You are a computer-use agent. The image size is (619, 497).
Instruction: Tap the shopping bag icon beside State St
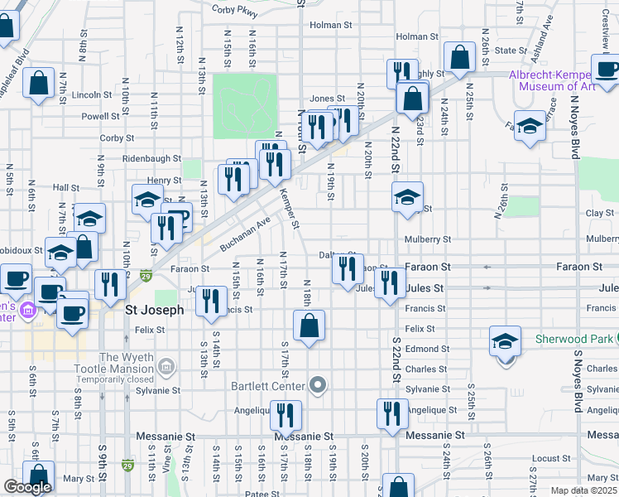click(458, 57)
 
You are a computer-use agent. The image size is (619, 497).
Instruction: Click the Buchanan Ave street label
click(246, 235)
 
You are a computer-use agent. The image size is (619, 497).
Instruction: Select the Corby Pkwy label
click(235, 11)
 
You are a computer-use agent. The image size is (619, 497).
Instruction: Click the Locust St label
click(547, 458)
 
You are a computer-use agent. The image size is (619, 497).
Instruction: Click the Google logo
click(27, 487)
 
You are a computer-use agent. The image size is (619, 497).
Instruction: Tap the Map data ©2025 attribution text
click(584, 490)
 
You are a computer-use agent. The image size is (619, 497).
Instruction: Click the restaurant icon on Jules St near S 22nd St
click(388, 284)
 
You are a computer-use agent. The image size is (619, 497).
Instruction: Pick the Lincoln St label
click(86, 95)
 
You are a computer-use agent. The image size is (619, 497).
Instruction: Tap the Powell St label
click(99, 117)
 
